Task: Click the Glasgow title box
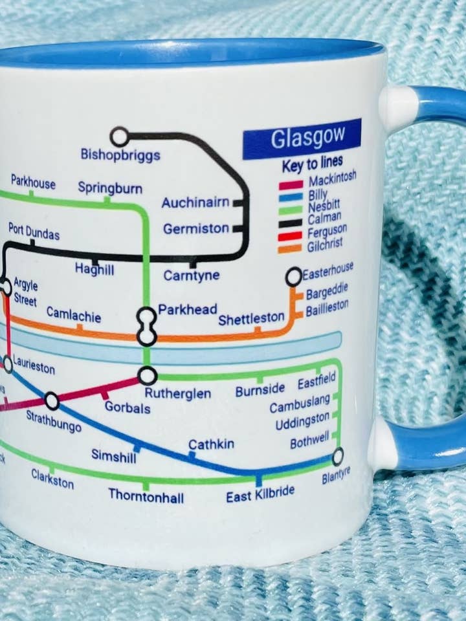302,138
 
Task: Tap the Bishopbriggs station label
120,155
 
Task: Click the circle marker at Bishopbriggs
119,136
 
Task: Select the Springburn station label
110,188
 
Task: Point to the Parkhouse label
33,183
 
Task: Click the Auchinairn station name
195,202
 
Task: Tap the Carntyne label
191,276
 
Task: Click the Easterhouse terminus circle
294,277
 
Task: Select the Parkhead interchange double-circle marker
147,327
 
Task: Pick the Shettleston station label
251,319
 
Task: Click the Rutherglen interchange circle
148,375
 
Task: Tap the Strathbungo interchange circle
52,402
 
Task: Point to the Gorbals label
128,408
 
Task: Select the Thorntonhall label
146,496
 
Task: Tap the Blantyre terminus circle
338,457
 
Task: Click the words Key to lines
312,164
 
